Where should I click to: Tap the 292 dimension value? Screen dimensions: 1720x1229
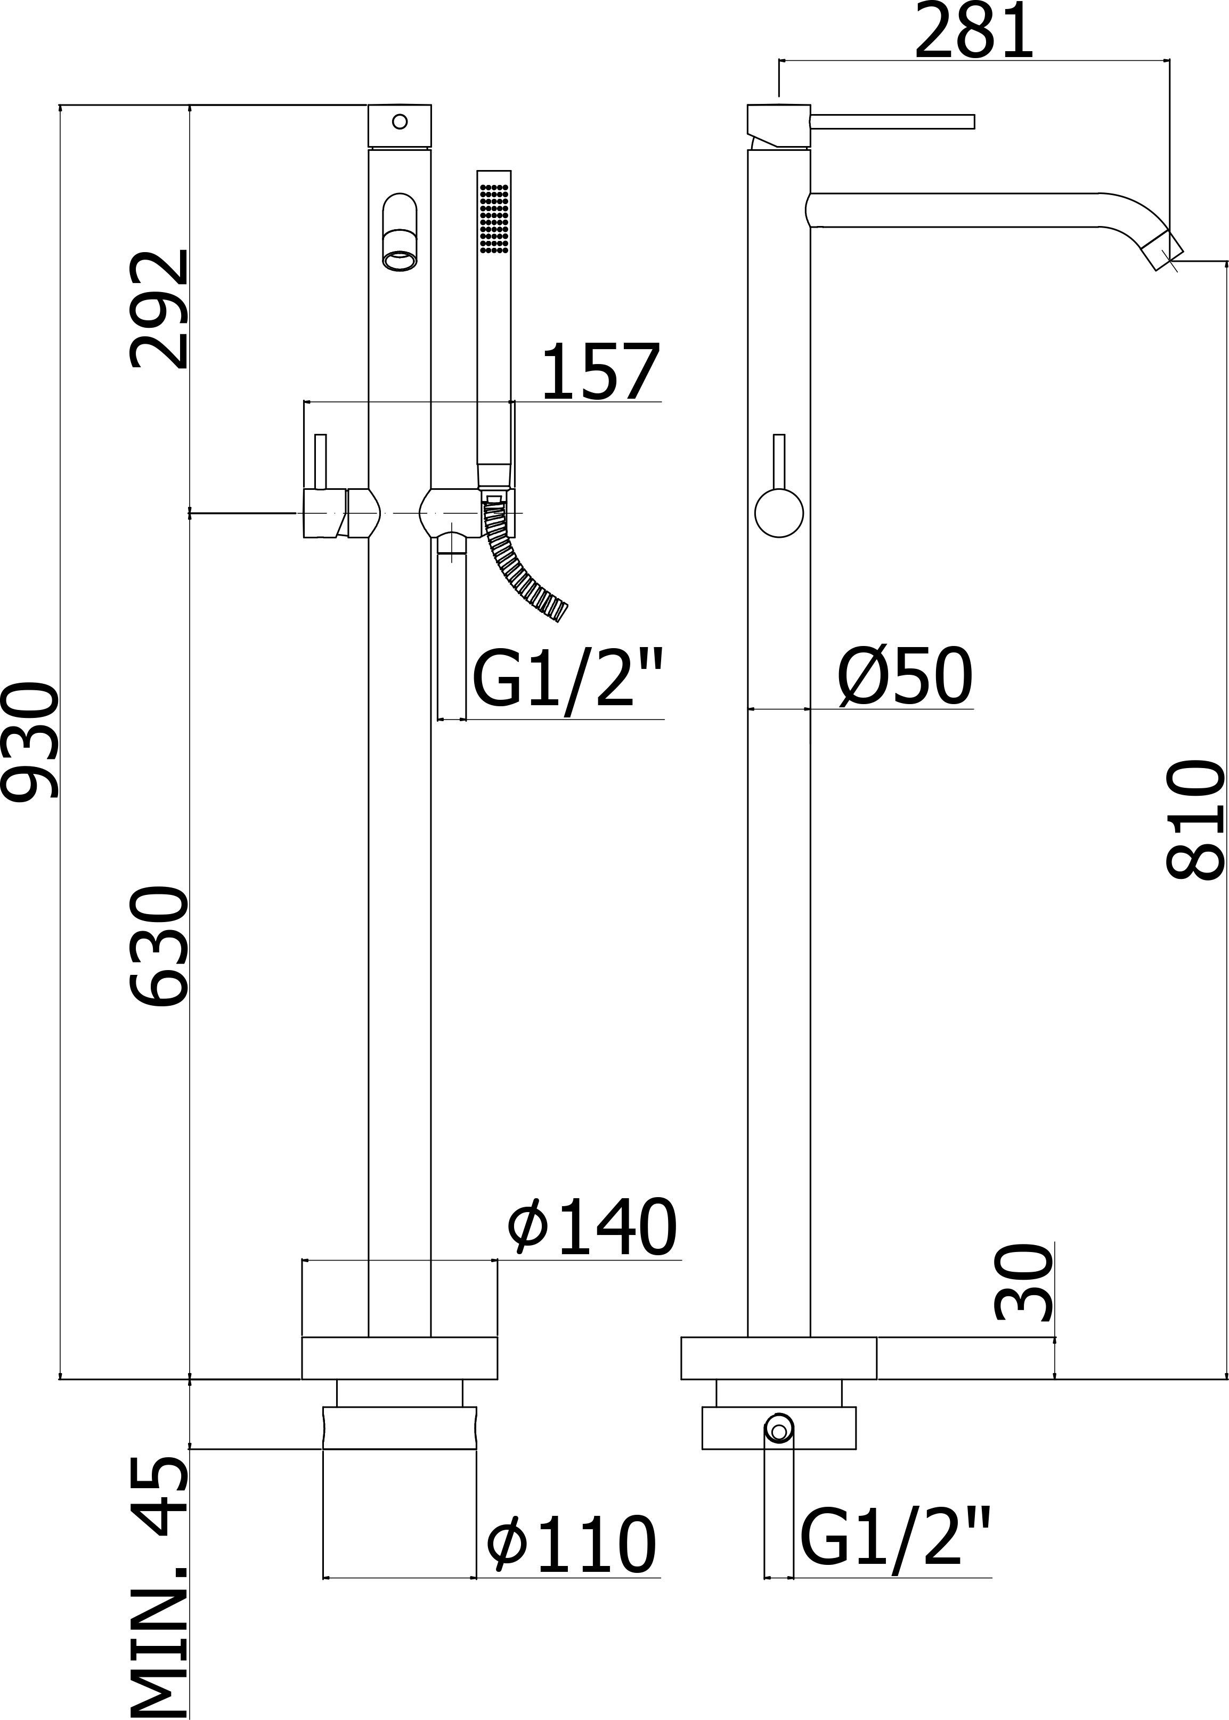click(x=157, y=309)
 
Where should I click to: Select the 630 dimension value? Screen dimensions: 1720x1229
click(x=157, y=946)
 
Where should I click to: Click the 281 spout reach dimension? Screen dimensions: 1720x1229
click(x=973, y=32)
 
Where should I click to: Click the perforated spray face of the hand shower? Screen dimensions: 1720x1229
click(x=495, y=216)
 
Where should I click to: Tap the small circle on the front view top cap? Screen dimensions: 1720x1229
click(x=400, y=120)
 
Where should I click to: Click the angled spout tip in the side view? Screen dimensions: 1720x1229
click(x=1162, y=252)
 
